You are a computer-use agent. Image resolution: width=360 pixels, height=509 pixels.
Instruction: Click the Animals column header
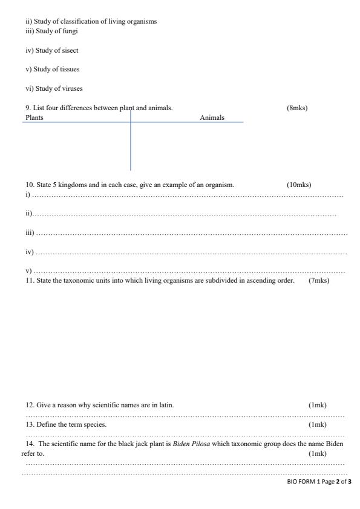coord(212,117)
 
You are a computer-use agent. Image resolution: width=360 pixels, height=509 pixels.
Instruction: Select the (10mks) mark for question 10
coord(299,185)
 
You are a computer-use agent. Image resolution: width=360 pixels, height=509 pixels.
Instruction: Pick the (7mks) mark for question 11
coord(319,281)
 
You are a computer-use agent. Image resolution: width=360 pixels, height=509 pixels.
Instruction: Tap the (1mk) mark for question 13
coord(317,424)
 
